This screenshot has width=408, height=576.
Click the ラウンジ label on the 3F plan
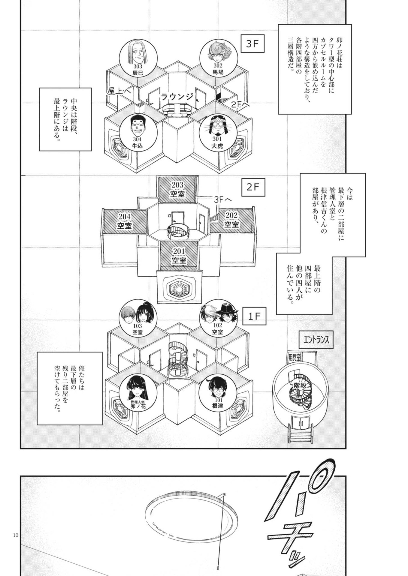(x=177, y=97)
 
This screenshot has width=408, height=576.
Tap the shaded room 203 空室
(x=177, y=190)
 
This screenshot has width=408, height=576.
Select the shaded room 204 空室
(x=125, y=220)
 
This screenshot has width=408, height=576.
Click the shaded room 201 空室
(x=179, y=255)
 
